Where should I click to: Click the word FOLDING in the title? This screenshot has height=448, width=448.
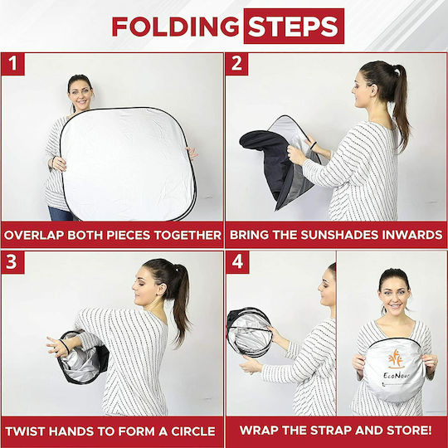tap(175, 27)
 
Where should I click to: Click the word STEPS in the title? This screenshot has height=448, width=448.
tap(294, 27)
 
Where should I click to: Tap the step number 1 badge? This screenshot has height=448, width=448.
tap(12, 64)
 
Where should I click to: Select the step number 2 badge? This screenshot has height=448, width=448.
tap(236, 64)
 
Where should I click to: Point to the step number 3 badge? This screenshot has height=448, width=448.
tap(12, 262)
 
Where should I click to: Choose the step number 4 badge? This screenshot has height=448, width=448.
tap(238, 262)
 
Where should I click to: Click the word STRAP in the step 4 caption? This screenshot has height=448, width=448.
tap(331, 431)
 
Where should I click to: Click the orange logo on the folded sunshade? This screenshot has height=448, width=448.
tap(396, 359)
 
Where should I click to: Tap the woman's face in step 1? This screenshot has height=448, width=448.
tap(81, 95)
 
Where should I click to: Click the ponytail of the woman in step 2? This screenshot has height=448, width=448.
tap(401, 105)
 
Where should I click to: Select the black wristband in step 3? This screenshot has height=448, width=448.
tap(65, 346)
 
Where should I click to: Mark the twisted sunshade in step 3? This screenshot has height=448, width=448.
tap(83, 357)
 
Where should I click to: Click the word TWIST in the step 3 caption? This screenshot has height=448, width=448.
tap(27, 431)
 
